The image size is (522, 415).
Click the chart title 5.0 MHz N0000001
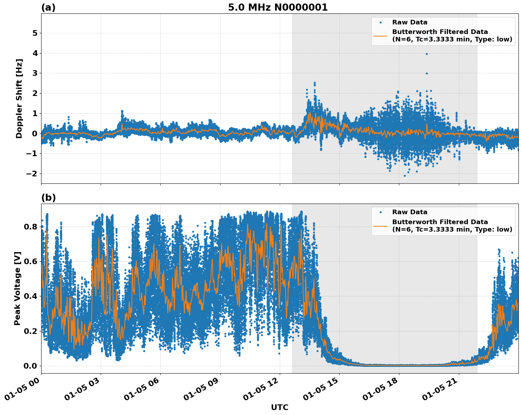[278, 7]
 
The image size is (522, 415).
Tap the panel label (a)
[48, 7]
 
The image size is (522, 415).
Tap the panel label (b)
[48, 198]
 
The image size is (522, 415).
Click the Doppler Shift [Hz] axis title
[19, 98]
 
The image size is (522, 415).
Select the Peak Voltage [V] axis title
[17, 288]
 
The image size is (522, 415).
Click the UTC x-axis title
[279, 407]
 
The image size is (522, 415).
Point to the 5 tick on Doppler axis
[35, 33]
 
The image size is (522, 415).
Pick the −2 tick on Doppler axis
[32, 174]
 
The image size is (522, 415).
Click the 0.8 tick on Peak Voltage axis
[30, 227]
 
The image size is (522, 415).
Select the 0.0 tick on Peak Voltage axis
[30, 366]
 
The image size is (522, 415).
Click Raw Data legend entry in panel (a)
[410, 22]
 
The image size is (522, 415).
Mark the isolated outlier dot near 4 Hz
[427, 54]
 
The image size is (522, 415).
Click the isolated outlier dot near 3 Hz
[427, 73]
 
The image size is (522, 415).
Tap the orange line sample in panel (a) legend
[381, 36]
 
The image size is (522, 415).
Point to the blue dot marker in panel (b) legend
[381, 212]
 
